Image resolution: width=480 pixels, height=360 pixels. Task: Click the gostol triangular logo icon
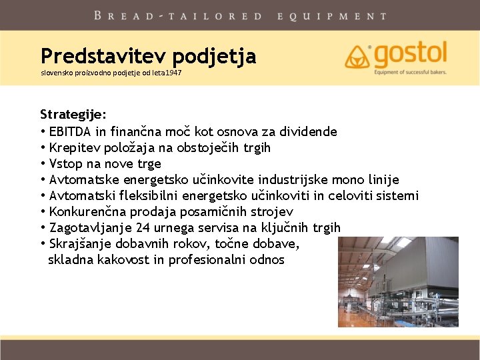(357, 57)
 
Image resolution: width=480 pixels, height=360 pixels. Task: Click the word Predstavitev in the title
(103, 55)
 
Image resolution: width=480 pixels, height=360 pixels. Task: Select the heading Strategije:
(73, 115)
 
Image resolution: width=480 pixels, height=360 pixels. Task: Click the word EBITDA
(70, 131)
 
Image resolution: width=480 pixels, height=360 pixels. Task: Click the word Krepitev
(75, 147)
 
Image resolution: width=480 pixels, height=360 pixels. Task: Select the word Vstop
(66, 164)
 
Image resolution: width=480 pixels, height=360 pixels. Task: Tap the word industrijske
(293, 179)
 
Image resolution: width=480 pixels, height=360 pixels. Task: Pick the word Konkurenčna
(87, 211)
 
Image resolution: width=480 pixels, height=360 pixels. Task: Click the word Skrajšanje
(80, 244)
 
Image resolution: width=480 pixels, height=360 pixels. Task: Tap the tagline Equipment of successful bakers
(410, 72)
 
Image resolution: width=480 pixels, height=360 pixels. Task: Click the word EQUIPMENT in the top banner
(333, 16)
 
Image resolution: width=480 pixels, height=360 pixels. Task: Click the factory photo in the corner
(398, 281)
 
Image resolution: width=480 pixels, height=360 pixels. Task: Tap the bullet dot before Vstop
(43, 164)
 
